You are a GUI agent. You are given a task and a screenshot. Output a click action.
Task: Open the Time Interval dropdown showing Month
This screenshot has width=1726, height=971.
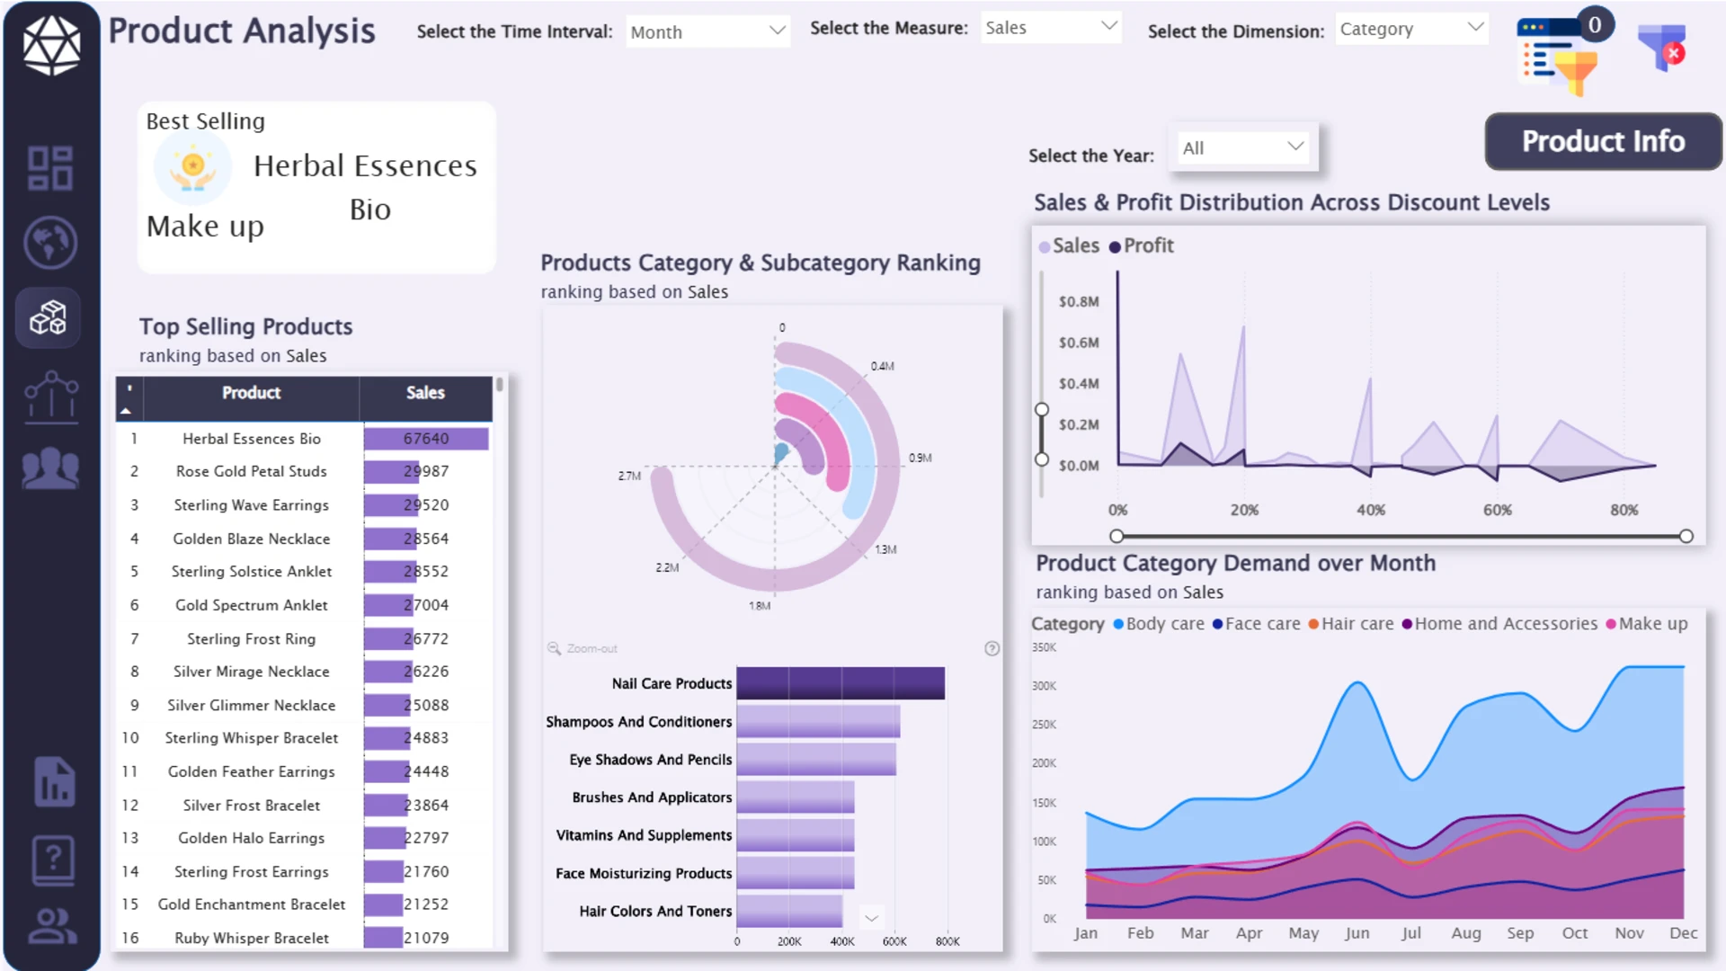[707, 31]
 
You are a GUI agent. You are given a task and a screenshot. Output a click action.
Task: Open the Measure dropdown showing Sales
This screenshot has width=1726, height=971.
[1051, 28]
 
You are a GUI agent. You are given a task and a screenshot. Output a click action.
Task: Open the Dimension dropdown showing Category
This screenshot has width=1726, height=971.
[1411, 29]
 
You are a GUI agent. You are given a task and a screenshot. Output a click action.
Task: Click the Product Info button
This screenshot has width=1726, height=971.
[1603, 141]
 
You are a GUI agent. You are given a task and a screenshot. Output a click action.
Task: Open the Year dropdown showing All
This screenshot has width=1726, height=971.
[1243, 147]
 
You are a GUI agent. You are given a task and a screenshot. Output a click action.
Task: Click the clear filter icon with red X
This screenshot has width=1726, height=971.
[1661, 47]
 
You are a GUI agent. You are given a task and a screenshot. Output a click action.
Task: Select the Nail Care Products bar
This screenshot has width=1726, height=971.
[841, 683]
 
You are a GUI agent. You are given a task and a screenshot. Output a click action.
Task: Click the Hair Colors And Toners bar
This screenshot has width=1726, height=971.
[789, 911]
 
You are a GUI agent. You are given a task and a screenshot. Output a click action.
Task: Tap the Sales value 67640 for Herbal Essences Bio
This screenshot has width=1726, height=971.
[426, 439]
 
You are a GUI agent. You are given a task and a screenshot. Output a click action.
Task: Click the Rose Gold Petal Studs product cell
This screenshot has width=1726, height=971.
[252, 471]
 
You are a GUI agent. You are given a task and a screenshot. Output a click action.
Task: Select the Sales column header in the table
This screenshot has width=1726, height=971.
[425, 393]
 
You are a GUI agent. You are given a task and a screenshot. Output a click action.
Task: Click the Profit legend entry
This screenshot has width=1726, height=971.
[1142, 245]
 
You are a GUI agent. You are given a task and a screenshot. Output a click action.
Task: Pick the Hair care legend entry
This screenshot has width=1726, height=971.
[1350, 624]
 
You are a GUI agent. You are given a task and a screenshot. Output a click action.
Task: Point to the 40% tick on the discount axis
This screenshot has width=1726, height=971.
[1371, 510]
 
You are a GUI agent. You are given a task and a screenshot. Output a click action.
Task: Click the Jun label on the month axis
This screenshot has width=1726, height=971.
[1357, 933]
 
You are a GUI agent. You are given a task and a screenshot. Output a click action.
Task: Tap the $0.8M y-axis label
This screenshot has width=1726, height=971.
[1079, 301]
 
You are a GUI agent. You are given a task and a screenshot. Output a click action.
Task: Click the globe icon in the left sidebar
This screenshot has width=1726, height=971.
[50, 242]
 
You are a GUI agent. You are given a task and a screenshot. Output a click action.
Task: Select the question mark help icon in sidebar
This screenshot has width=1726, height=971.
[53, 860]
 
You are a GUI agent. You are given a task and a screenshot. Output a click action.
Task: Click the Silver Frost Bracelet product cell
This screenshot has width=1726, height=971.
[252, 806]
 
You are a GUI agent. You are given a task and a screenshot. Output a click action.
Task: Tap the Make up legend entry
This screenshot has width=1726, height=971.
[1647, 624]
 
